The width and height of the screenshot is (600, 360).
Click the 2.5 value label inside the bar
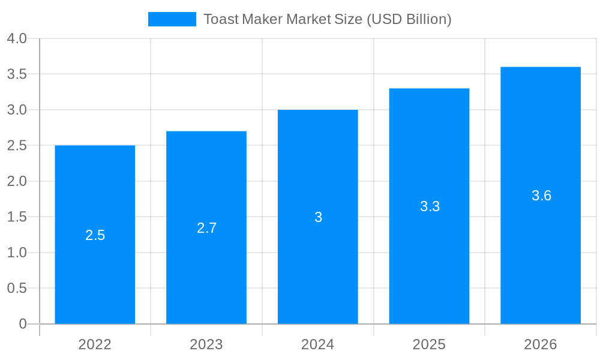[95, 235]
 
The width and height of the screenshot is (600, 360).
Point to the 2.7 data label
[206, 228]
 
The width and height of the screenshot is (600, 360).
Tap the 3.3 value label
[430, 206]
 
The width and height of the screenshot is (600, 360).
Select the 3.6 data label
[541, 196]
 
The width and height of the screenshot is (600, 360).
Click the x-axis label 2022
[95, 344]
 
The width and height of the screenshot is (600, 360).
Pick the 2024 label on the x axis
[318, 344]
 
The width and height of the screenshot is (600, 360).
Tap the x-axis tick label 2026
[541, 344]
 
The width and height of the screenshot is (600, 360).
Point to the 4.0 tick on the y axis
[17, 39]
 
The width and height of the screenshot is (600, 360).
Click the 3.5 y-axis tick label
[17, 74]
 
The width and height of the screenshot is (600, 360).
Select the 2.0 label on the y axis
[17, 181]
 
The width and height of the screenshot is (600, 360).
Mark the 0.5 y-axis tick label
[17, 288]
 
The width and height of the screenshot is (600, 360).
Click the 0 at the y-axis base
[23, 324]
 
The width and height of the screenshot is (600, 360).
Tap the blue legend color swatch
[172, 19]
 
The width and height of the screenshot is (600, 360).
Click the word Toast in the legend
[221, 19]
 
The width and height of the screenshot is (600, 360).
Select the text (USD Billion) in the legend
[409, 19]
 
